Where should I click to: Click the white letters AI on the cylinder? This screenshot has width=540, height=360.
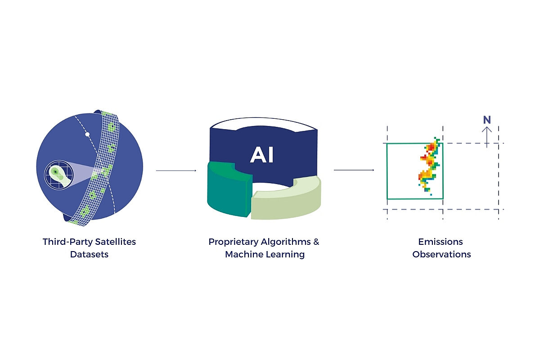click(x=262, y=155)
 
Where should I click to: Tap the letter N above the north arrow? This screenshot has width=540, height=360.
click(x=487, y=120)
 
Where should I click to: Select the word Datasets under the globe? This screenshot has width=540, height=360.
click(x=89, y=254)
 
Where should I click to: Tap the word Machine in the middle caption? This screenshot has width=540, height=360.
click(x=243, y=254)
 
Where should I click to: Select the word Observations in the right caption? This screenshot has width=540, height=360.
click(x=441, y=254)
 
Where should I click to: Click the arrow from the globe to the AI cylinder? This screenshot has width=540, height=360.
click(x=176, y=171)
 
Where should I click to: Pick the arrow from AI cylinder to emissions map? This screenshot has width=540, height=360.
click(x=354, y=170)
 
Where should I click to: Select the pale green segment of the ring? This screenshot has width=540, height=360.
click(x=288, y=200)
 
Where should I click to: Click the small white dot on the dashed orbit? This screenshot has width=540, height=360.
click(x=88, y=135)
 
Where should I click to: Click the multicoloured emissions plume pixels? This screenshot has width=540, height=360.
click(x=430, y=166)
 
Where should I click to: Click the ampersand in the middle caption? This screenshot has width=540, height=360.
click(x=316, y=242)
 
